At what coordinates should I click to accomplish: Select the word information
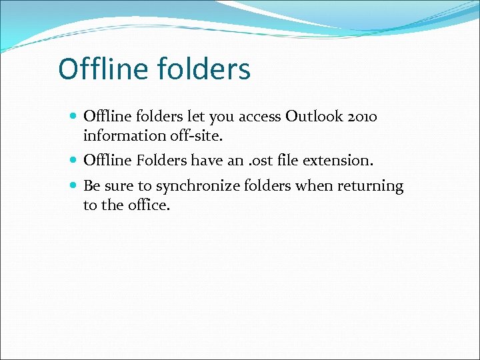121,136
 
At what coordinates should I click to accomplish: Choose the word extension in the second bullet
341,161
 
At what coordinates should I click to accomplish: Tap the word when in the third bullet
314,186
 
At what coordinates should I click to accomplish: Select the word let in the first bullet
196,117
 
